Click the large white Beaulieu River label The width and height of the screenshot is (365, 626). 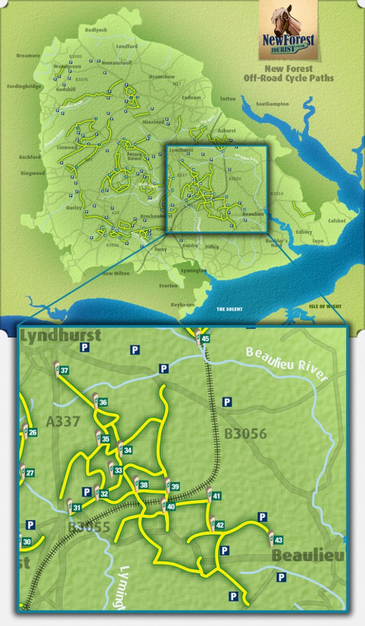pos(286,364)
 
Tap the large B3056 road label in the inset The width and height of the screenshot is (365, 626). pos(245,434)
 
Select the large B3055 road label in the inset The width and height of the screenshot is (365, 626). pos(89,527)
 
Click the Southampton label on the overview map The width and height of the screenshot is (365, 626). pos(272,104)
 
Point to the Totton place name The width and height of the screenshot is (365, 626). pos(228,99)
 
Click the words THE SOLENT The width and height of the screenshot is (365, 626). pos(229,310)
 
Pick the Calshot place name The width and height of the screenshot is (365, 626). pos(337,221)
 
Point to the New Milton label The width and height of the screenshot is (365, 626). pos(116,274)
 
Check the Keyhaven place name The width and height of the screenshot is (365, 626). pos(182,304)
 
